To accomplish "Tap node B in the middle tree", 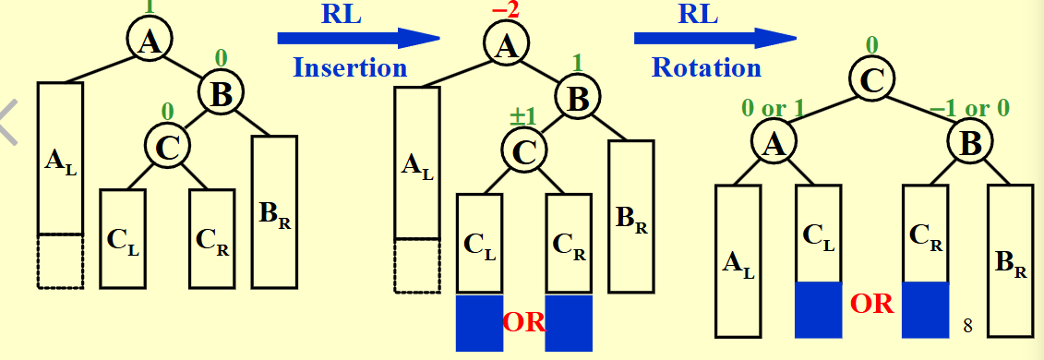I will click(577, 98).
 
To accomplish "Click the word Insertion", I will click(350, 67).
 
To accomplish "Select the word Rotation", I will click(706, 67).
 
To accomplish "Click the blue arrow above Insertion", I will click(358, 38).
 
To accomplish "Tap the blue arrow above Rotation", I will click(714, 38).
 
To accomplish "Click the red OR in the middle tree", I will click(523, 322).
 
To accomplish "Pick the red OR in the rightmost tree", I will click(870, 303).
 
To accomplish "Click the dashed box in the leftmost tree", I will click(60, 261).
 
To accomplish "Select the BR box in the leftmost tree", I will click(274, 211).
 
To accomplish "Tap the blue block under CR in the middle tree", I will click(568, 323).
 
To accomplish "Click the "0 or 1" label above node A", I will click(774, 108).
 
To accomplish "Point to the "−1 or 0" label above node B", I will click(972, 108).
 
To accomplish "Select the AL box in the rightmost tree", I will click(738, 261).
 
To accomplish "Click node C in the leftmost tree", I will click(167, 146).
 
